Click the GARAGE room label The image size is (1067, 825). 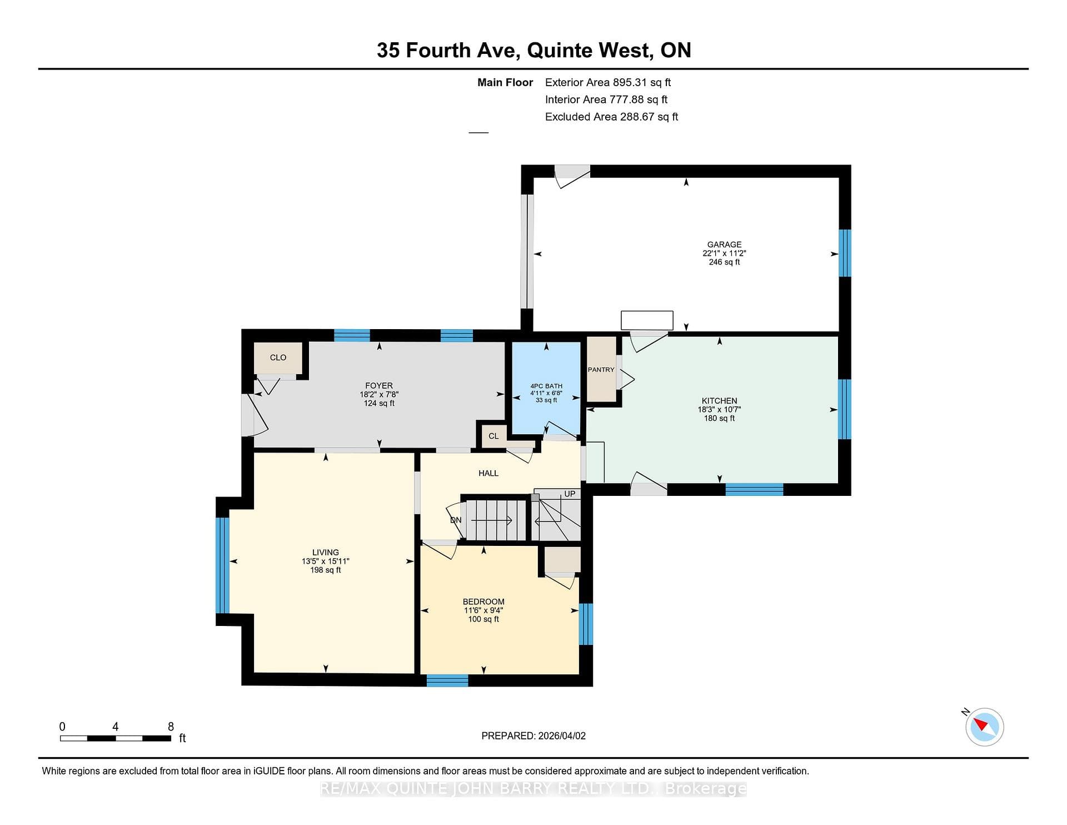click(x=724, y=245)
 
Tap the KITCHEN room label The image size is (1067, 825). click(x=720, y=401)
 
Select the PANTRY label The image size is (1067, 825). click(x=601, y=370)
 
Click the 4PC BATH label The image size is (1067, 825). click(x=546, y=386)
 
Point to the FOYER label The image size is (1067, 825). click(x=379, y=386)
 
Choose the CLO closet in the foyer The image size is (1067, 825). click(x=278, y=357)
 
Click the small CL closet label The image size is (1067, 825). click(x=493, y=436)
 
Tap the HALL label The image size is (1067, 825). click(x=488, y=473)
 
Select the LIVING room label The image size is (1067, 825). click(x=326, y=553)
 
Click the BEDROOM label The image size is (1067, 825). click(x=483, y=602)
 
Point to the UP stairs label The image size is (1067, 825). click(x=570, y=494)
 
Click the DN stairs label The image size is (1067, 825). click(x=456, y=520)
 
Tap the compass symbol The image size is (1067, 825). click(x=984, y=727)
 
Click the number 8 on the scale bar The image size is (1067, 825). click(x=171, y=727)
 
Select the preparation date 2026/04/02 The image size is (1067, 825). click(x=562, y=735)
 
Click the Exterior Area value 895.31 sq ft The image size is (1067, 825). click(x=642, y=82)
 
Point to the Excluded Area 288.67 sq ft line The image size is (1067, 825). click(x=611, y=117)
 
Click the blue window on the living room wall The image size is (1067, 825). click(x=222, y=565)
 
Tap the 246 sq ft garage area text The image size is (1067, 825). click(x=724, y=262)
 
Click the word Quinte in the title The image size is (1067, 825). click(x=559, y=50)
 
